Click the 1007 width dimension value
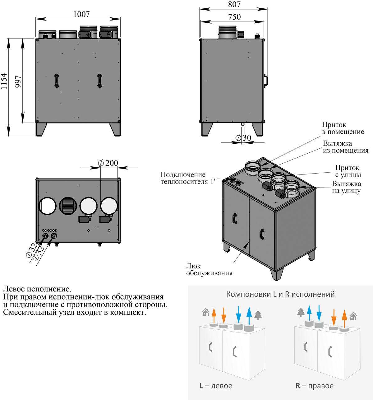coord(81,14)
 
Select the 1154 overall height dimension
coord(4,81)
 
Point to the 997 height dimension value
coord(18,81)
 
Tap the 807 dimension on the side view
coord(234,4)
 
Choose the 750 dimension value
coord(234,17)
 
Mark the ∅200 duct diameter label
coord(108,163)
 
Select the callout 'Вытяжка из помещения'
coord(345,147)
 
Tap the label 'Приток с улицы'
coord(348,171)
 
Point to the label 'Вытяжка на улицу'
coord(346,187)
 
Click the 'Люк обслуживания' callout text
coord(209,269)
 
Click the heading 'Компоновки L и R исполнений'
coord(280,294)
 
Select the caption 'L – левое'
coord(216,386)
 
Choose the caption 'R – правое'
coord(314,386)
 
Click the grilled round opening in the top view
coord(67,206)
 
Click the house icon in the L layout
coord(205,312)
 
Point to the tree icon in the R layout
coord(301,312)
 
